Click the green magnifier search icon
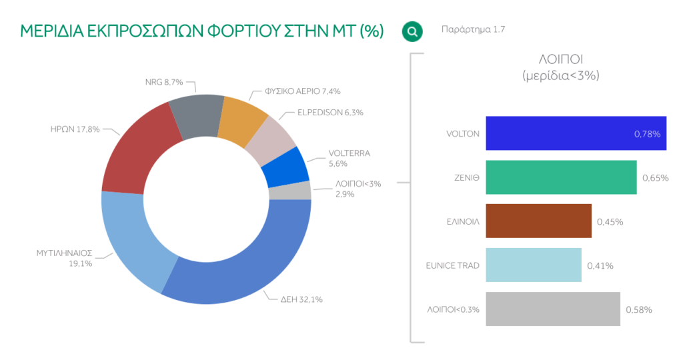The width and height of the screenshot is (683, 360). (x=412, y=31)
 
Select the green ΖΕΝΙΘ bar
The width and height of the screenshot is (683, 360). (x=561, y=177)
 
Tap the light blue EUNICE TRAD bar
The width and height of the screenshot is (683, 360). (x=534, y=265)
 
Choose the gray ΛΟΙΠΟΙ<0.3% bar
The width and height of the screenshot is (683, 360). (x=552, y=309)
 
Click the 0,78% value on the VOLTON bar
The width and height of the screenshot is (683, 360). (x=647, y=134)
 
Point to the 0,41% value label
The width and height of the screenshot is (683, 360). (x=600, y=266)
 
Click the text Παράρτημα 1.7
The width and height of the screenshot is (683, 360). (x=474, y=30)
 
